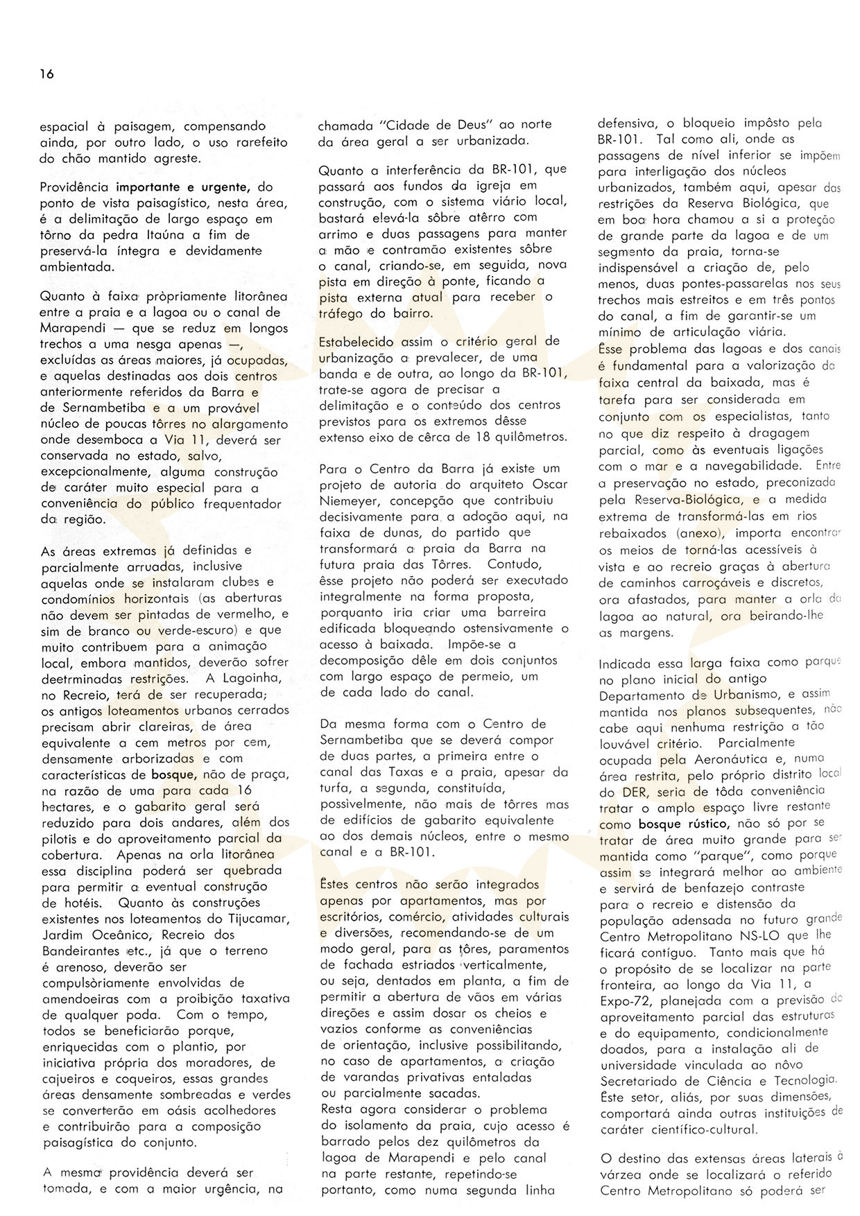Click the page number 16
(x=46, y=74)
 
